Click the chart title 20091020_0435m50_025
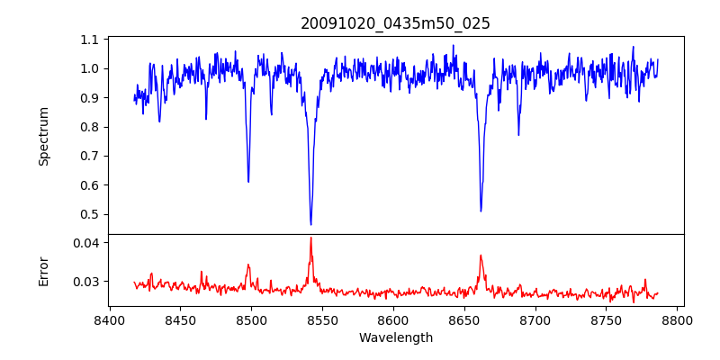coord(395,23)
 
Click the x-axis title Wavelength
coord(395,337)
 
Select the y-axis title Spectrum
coord(43,136)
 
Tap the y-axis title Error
coord(43,271)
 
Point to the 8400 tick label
coord(109,319)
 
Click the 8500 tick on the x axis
coord(251,319)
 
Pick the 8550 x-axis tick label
coord(322,319)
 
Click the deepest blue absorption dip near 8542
coord(310,224)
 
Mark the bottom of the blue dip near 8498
coord(248,182)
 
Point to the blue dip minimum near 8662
coord(481,211)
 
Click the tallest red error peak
coord(310,238)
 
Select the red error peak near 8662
coord(481,255)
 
